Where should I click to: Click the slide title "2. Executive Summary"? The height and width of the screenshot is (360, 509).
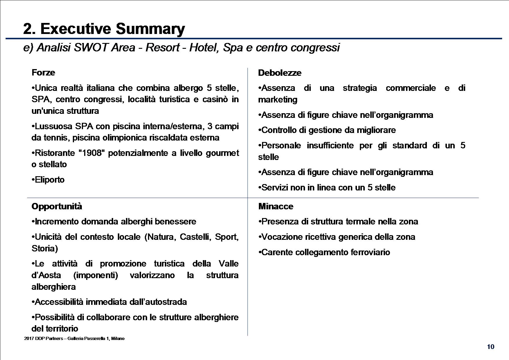104,29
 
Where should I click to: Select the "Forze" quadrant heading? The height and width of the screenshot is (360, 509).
43,73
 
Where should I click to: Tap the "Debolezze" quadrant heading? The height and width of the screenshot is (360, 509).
280,73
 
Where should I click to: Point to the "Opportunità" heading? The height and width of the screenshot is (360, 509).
57,206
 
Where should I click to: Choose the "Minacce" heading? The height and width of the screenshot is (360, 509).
276,206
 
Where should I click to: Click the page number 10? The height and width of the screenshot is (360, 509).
491,347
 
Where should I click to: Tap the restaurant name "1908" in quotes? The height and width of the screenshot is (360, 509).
91,153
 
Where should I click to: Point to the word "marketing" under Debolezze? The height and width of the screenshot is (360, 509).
278,100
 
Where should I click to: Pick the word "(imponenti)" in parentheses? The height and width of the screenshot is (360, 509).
95,275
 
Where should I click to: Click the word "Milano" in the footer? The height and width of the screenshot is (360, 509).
118,339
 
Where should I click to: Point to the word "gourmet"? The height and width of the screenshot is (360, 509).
222,153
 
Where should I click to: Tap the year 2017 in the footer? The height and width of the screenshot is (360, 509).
29,339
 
